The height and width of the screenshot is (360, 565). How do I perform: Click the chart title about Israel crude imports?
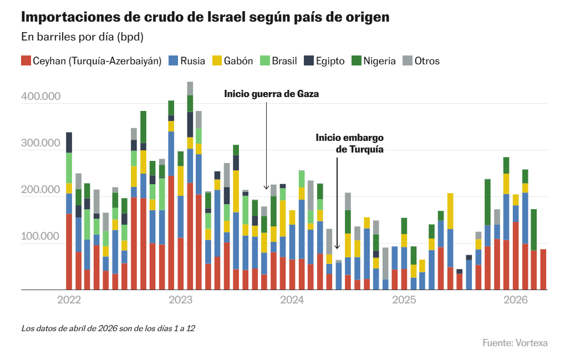(x=205, y=17)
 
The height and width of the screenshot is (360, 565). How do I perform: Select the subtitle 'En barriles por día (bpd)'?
(x=82, y=37)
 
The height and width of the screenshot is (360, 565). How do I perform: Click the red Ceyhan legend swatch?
(x=26, y=61)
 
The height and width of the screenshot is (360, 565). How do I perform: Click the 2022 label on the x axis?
(x=69, y=300)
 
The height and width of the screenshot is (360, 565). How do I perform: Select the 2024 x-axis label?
(x=292, y=300)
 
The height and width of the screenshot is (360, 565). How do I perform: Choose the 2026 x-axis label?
(x=515, y=300)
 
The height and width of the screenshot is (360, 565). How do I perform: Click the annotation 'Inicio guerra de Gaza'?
(x=272, y=94)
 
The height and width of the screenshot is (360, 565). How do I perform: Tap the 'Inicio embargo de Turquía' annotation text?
(x=350, y=143)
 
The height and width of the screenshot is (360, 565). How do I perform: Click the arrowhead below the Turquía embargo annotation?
(x=337, y=247)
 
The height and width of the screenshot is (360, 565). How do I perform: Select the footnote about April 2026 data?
(x=108, y=328)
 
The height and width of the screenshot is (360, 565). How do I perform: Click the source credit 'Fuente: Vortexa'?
(x=515, y=343)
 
